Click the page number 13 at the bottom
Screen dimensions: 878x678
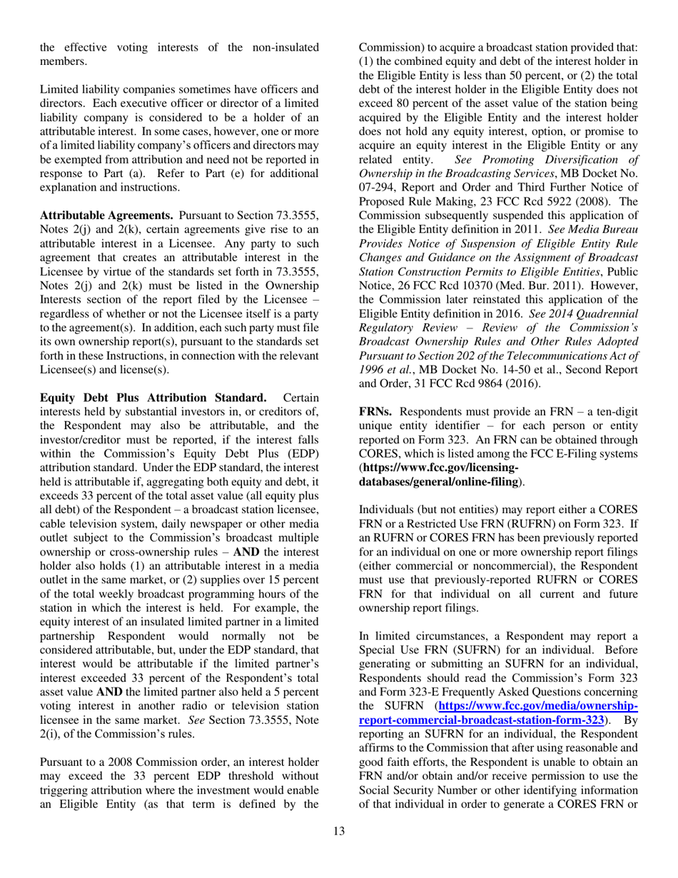coord(339,850)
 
